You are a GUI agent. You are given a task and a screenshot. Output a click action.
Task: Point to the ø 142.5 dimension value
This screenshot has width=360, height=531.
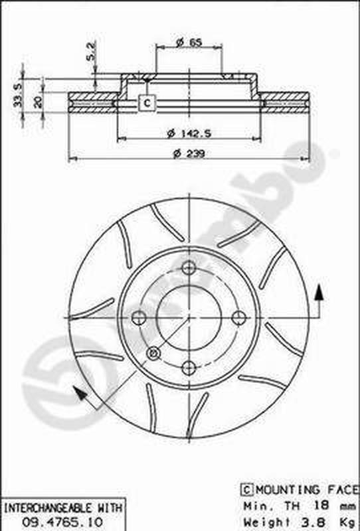click(189, 133)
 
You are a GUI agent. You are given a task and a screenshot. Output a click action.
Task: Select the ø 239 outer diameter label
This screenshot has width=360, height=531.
click(189, 154)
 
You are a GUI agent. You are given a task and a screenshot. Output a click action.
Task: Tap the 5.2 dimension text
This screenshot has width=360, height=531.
click(91, 51)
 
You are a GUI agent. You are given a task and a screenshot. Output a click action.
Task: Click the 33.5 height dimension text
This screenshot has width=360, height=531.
click(18, 95)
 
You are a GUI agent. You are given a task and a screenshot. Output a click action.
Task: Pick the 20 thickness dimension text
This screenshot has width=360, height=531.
click(38, 102)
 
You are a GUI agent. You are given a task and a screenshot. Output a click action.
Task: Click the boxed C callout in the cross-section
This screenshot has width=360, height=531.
click(147, 103)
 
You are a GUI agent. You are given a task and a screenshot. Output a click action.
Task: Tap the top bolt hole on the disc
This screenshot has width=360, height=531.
click(189, 268)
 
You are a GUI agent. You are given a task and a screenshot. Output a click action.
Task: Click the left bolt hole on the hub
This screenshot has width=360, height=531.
click(139, 318)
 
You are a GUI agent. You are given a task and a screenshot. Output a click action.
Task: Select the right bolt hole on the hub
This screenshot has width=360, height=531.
click(239, 318)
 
